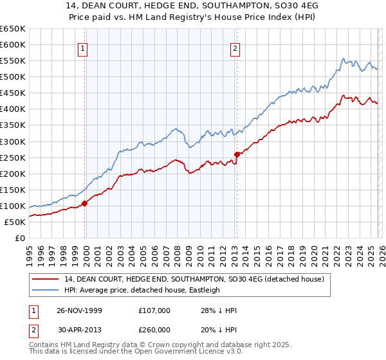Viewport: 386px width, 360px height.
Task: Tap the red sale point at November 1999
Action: point(85,203)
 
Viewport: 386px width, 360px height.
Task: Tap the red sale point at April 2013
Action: point(237,154)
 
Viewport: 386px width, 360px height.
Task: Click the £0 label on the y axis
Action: point(19,238)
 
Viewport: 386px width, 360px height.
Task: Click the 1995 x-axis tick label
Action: point(30,253)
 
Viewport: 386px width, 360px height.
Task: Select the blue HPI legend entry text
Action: point(142,290)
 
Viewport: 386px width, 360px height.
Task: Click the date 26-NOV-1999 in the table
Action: point(79,310)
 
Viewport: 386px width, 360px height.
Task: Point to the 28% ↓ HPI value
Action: point(219,310)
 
